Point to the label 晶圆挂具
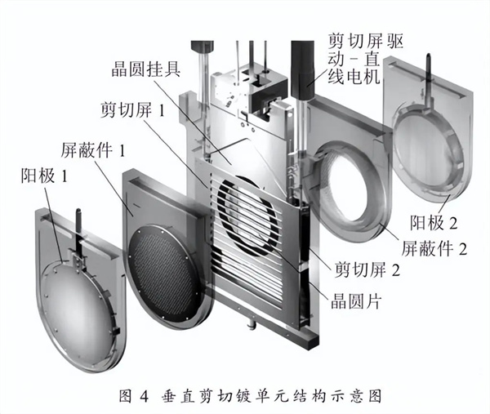(149, 70)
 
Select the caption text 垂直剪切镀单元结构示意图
(273, 396)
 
